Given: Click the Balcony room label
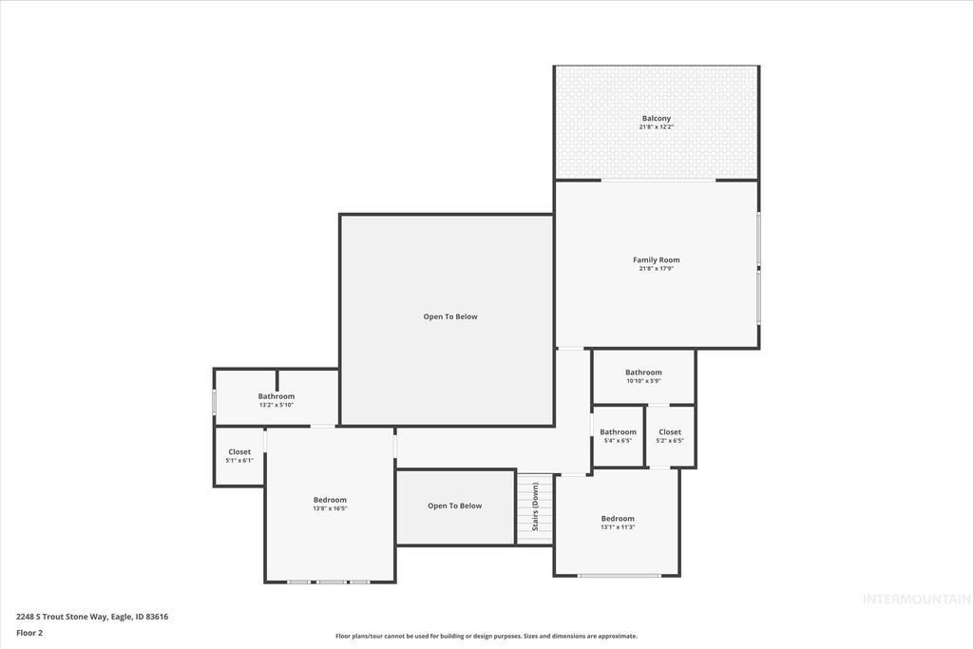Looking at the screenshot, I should tap(656, 119).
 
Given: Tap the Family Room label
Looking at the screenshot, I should tap(656, 259).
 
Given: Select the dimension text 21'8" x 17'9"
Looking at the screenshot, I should tap(656, 269).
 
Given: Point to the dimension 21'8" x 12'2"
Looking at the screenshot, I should tap(656, 127).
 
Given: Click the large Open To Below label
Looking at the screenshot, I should tap(450, 316).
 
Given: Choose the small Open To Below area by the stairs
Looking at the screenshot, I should tap(454, 506).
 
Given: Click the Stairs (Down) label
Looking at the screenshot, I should tap(535, 508).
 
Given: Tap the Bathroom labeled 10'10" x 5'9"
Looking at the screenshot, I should tap(643, 372).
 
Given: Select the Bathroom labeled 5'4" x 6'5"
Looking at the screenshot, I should tap(618, 432).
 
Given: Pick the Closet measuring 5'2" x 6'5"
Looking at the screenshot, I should tap(670, 432).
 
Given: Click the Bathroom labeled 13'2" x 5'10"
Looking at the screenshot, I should tap(277, 396).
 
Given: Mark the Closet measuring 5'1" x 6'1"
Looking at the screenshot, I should tap(239, 452).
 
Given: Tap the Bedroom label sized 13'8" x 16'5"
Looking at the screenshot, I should tap(330, 500).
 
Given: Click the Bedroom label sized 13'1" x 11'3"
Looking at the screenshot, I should tap(618, 519).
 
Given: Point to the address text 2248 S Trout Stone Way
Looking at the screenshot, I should tap(92, 617).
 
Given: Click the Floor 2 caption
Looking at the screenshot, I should tap(29, 632).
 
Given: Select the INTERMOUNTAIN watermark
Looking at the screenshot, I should tap(916, 600).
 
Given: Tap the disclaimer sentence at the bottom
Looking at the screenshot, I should tap(486, 637).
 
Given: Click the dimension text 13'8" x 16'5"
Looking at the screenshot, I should tap(330, 508).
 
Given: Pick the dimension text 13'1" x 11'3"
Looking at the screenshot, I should tap(618, 527).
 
